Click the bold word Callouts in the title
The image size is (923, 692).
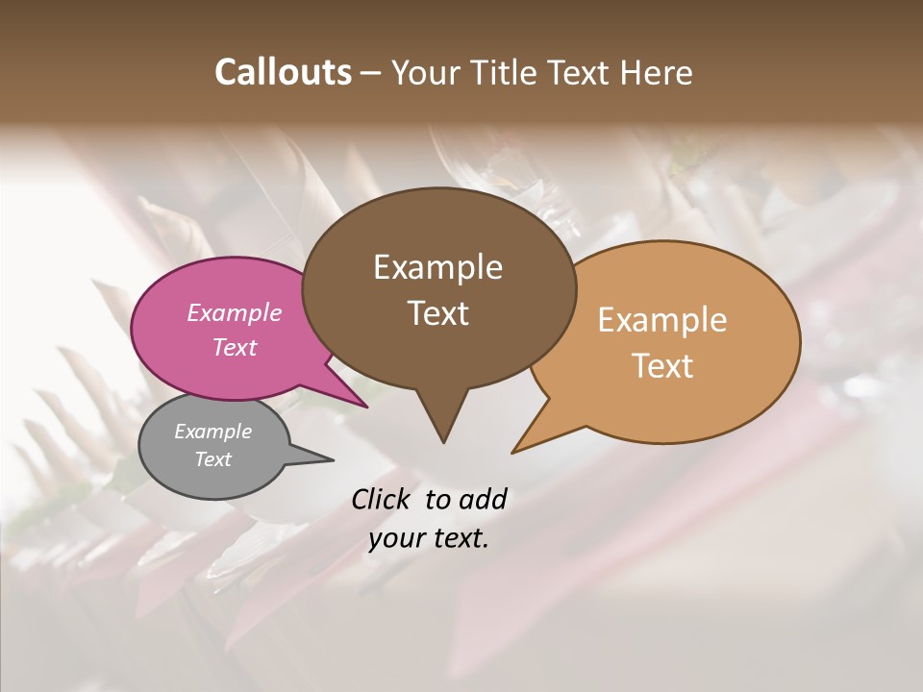click(283, 72)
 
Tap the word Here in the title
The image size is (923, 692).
click(656, 72)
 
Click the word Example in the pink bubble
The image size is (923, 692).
click(234, 313)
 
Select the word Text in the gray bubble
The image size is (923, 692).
click(212, 459)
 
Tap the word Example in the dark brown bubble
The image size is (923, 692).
click(437, 267)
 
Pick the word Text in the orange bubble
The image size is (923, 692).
click(662, 366)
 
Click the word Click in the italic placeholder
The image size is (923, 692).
click(382, 499)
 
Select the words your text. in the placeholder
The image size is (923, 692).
click(429, 539)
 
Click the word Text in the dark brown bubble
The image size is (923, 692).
click(437, 313)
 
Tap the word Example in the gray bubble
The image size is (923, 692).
click(212, 432)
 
